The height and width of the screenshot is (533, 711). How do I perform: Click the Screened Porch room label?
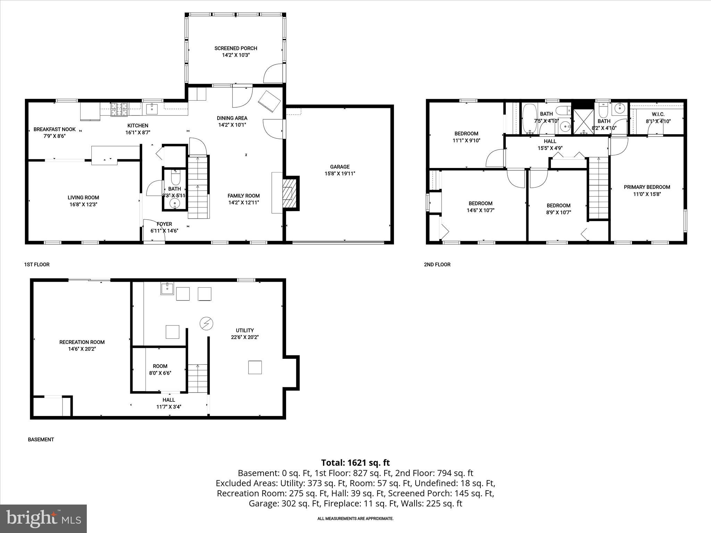236,48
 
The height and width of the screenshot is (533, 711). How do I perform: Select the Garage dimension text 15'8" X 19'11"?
340,174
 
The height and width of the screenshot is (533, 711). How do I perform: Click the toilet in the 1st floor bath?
175,179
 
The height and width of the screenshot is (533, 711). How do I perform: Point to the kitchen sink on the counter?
152,109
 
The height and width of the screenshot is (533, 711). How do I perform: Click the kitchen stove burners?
119,109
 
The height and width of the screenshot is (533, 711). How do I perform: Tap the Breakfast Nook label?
55,129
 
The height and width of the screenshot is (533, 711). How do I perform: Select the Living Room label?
83,197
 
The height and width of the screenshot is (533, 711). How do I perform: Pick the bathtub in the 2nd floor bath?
530,119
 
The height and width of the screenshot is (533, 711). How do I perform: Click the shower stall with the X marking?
583,121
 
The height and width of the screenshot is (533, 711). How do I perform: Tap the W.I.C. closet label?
658,114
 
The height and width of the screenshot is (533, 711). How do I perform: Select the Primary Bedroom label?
647,187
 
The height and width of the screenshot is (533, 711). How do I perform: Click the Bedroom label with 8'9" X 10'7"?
558,205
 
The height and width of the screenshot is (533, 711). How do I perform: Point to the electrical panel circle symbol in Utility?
206,324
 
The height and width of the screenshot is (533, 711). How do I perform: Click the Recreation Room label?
82,342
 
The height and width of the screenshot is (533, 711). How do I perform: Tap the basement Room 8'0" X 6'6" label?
160,366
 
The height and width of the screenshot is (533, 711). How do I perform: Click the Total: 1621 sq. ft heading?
355,463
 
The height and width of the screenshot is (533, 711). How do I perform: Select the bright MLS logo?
43,518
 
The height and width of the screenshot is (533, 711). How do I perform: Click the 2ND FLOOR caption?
437,264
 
